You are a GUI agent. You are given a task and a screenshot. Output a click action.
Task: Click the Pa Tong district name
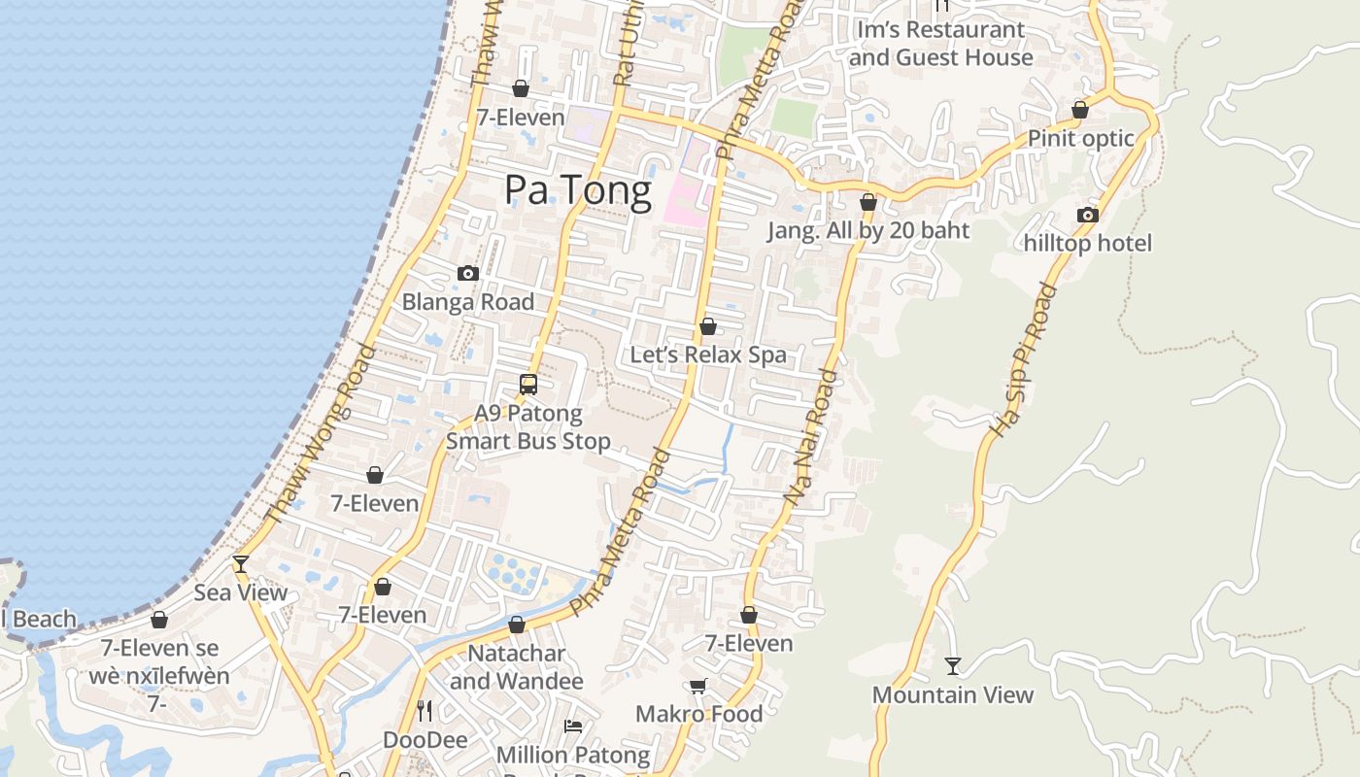click(577, 190)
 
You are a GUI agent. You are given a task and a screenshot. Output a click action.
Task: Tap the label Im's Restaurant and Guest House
click(940, 44)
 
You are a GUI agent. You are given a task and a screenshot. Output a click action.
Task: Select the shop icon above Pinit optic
click(1079, 110)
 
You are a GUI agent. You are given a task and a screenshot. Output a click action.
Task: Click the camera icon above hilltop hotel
click(1087, 215)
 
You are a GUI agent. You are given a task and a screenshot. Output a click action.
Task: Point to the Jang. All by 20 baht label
click(868, 231)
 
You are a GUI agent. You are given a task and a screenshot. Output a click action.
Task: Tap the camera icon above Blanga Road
click(468, 273)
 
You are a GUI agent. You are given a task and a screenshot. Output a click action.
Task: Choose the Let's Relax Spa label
click(708, 355)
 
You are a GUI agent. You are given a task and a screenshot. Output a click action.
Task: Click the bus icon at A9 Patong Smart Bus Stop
click(528, 384)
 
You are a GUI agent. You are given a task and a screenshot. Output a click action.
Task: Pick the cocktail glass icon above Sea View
click(241, 563)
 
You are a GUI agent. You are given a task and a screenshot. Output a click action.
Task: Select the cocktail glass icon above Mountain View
click(953, 665)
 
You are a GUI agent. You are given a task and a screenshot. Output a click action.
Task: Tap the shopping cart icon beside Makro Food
click(697, 687)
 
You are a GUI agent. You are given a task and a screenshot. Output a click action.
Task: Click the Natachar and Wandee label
click(516, 667)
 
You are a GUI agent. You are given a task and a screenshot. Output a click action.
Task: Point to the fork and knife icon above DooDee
click(425, 711)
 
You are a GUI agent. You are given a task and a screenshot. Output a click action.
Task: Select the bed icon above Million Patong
click(573, 726)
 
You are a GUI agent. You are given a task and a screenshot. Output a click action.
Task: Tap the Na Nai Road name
click(811, 437)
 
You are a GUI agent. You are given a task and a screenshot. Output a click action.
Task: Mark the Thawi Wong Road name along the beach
click(320, 433)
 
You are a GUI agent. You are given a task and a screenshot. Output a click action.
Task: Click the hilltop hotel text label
click(1087, 243)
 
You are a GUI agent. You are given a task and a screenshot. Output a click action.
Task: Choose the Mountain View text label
click(953, 694)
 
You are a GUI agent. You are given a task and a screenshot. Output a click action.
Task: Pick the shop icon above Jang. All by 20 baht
click(868, 202)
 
